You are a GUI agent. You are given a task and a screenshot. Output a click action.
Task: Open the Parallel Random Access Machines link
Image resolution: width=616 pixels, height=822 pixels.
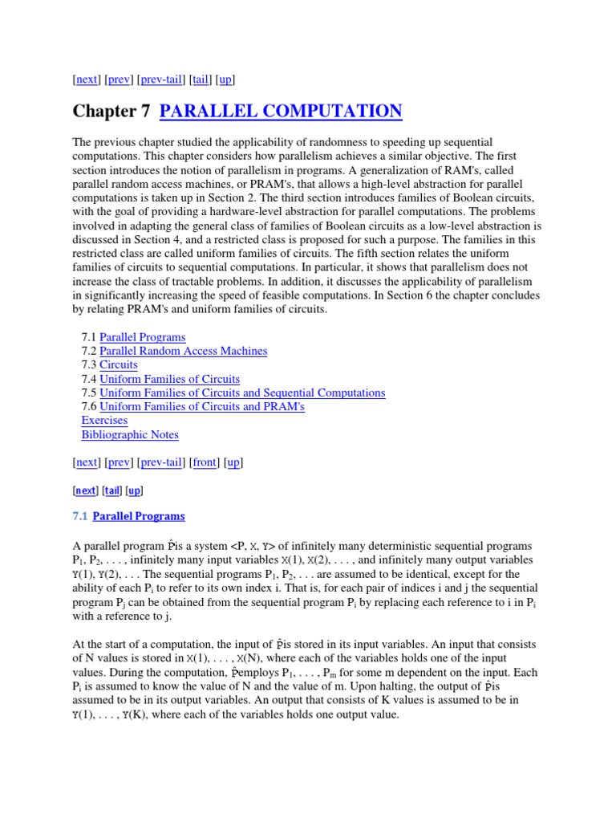(183, 351)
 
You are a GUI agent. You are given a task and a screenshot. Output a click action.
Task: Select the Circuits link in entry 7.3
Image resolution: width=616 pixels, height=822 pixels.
(118, 364)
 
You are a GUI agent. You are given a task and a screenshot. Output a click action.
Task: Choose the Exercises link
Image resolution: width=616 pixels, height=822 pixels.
(104, 420)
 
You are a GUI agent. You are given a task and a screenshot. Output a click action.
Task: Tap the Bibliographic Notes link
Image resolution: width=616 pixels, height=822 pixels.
(130, 434)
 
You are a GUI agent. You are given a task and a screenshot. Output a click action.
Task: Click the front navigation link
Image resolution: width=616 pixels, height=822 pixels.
(205, 462)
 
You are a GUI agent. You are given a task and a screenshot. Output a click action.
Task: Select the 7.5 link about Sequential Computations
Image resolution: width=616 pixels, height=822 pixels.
(242, 393)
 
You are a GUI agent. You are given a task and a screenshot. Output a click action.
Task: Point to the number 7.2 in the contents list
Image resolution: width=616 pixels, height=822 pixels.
(89, 351)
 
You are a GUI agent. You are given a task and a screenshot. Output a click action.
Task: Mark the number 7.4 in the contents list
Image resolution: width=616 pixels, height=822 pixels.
(89, 379)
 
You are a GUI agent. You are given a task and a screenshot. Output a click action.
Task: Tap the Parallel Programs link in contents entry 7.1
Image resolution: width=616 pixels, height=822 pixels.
(142, 337)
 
